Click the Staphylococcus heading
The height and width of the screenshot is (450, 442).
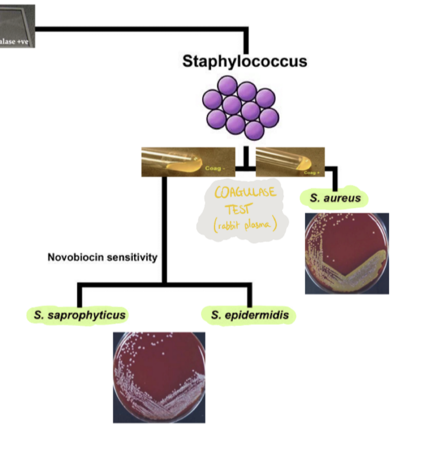click(x=245, y=61)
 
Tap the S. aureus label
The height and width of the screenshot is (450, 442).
click(x=335, y=198)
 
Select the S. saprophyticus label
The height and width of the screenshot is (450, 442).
click(x=80, y=315)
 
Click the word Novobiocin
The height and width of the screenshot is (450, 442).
click(x=77, y=257)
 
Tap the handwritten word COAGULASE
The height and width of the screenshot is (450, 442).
click(x=245, y=192)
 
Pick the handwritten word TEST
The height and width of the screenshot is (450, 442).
click(x=238, y=209)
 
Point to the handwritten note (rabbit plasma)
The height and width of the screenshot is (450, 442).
click(x=245, y=225)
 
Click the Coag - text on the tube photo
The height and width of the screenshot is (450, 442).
click(x=215, y=168)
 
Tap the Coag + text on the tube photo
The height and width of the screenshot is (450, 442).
click(x=312, y=173)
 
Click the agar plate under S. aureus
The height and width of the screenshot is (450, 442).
click(x=347, y=253)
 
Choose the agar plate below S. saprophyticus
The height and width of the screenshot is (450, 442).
click(x=159, y=377)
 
